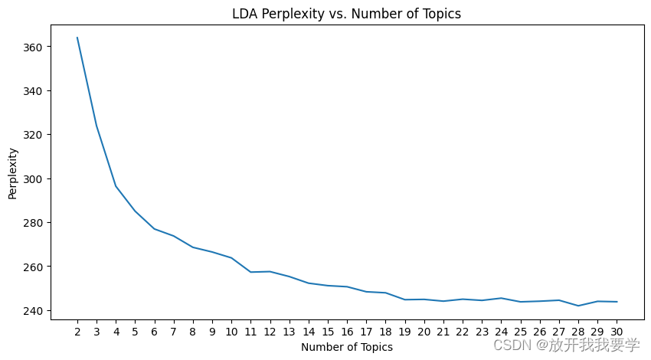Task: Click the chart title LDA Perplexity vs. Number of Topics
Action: [x=346, y=13]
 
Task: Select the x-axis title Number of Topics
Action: [x=346, y=347]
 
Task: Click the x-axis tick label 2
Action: [x=77, y=332]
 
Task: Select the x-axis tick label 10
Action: [x=231, y=332]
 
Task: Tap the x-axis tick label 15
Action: [x=328, y=332]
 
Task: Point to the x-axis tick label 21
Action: [x=443, y=332]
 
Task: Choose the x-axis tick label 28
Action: [x=578, y=332]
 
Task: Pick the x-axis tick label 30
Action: [x=617, y=332]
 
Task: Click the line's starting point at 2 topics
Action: [x=77, y=38]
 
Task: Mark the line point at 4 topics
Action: [x=116, y=186]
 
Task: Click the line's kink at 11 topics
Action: [x=250, y=272]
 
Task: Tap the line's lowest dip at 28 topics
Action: [x=578, y=306]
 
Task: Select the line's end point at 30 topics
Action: [x=617, y=302]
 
